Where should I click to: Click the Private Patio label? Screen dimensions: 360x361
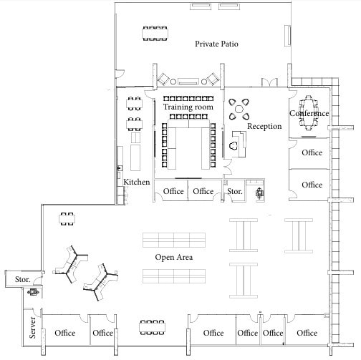pyautogui.click(x=216, y=44)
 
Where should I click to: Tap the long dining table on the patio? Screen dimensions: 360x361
pyautogui.click(x=154, y=33)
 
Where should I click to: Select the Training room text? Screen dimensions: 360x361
pyautogui.click(x=188, y=107)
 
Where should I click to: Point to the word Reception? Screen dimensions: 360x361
pyautogui.click(x=264, y=127)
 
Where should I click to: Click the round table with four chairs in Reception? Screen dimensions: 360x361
pyautogui.click(x=239, y=110)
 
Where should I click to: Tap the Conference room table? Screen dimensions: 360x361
pyautogui.click(x=309, y=114)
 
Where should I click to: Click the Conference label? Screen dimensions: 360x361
pyautogui.click(x=309, y=114)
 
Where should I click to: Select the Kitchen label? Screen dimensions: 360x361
pyautogui.click(x=137, y=183)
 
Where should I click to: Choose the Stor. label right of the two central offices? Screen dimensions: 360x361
pyautogui.click(x=234, y=192)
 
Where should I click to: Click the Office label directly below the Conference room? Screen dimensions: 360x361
pyautogui.click(x=312, y=152)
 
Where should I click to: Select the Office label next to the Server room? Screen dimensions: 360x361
pyautogui.click(x=64, y=333)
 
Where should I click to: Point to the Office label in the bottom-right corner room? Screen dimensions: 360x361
pyautogui.click(x=307, y=333)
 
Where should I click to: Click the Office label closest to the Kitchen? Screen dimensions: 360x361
pyautogui.click(x=173, y=191)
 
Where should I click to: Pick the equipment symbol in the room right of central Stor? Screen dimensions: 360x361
pyautogui.click(x=259, y=192)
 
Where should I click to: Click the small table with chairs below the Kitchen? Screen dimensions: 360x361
pyautogui.click(x=67, y=218)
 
